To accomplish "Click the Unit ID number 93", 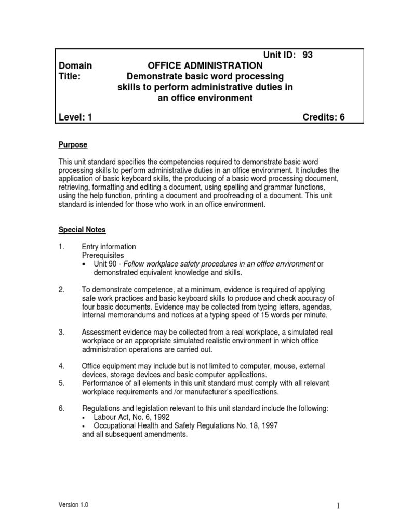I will pos(307,55).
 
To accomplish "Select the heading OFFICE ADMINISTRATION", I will pos(205,65).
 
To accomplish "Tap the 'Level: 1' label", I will pos(75,117).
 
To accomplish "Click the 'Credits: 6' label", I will pos(324,117).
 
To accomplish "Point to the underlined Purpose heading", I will pos(72,144).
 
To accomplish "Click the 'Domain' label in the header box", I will pos(75,65).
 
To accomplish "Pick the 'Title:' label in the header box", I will pos(71,76).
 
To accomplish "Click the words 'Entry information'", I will pos(109,247).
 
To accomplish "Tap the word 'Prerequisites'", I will pos(103,256).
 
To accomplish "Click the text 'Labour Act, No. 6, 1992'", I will pos(131,417).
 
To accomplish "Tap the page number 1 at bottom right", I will pos(337,506).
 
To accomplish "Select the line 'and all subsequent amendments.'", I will pos(135,434).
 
